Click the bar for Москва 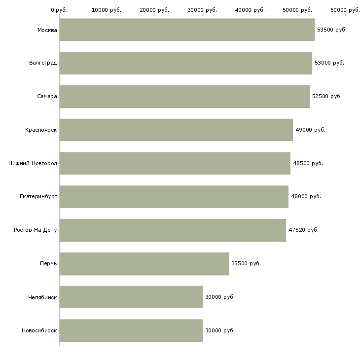pos(187,30)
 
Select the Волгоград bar pos(185,63)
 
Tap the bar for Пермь pos(144,263)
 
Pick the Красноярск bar pos(176,130)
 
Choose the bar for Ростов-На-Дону pos(173,230)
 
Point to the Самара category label pos(47,96)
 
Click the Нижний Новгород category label pos(33,163)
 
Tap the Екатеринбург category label pos(38,196)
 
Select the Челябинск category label pos(42,297)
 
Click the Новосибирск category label pos(39,330)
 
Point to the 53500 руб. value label pos(332,30)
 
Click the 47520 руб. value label pos(303,230)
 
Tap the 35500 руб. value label pos(246,263)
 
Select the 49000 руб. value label pos(310,130)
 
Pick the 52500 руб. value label pos(327,96)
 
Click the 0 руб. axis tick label pos(59,10)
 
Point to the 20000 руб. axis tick pos(154,10)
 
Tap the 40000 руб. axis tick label pos(250,10)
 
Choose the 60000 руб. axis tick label pos(345,10)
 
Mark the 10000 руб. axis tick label pos(107,10)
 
